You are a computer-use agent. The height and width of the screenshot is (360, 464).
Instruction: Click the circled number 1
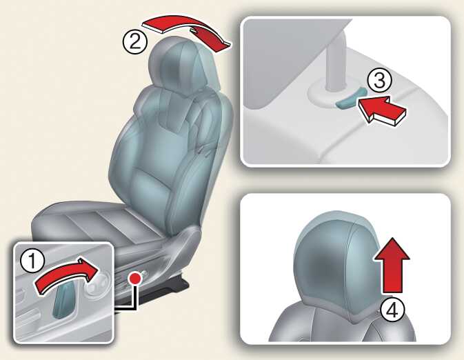[33, 261]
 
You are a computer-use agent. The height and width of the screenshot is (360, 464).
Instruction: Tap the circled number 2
[135, 41]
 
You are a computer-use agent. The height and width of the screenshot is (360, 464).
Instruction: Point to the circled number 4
[392, 310]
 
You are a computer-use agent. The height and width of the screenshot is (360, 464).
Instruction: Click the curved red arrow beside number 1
[65, 274]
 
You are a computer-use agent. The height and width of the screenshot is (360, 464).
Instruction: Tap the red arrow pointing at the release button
[382, 110]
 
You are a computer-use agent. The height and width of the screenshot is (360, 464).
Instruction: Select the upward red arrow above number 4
[392, 265]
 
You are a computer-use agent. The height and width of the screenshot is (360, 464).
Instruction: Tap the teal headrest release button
[351, 99]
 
